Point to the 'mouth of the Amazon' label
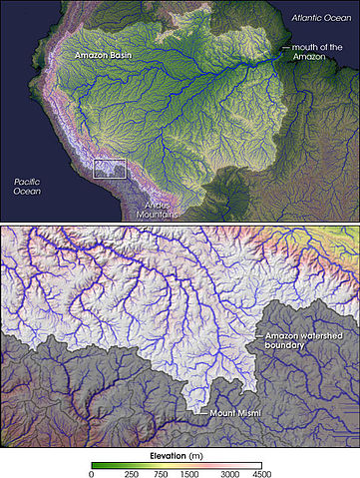click(x=322, y=53)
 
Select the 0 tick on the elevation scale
click(x=93, y=473)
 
